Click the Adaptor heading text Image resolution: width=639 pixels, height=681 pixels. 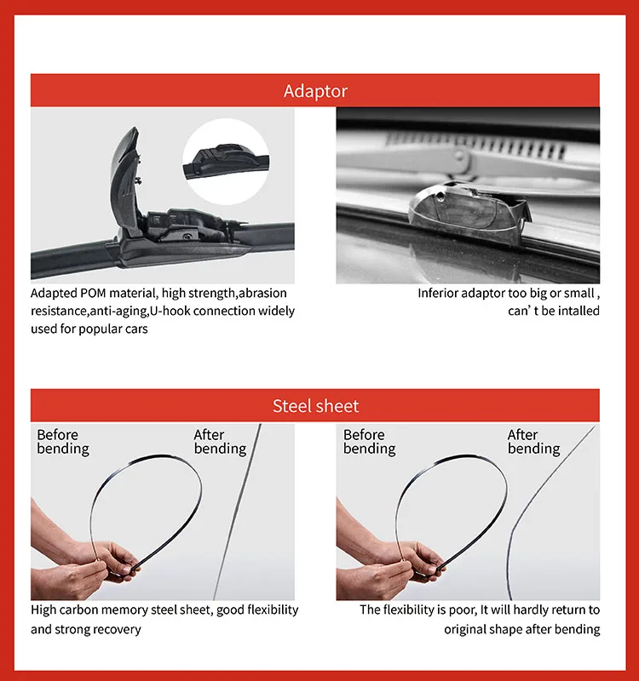[x=315, y=90]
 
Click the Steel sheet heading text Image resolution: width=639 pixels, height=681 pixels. [x=315, y=406]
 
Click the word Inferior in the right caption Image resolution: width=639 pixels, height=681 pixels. [x=440, y=293]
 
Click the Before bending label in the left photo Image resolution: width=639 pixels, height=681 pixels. [x=63, y=442]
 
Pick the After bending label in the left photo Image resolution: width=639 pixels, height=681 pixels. [x=220, y=442]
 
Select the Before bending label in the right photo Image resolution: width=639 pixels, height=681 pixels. [x=370, y=442]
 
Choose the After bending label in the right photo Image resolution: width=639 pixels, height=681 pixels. [x=533, y=442]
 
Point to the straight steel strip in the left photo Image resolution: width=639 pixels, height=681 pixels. [x=235, y=519]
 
